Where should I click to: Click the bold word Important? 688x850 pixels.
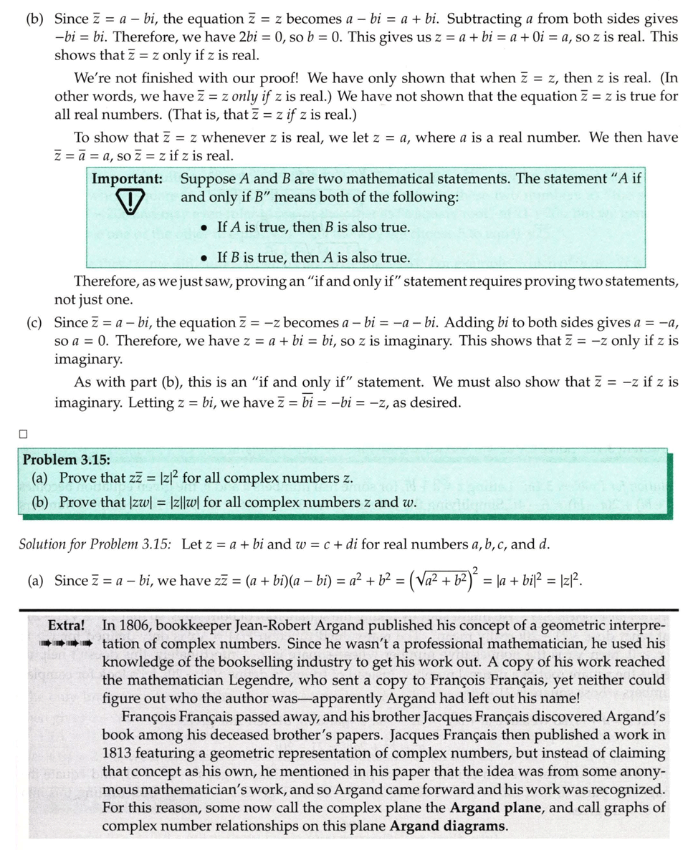pyautogui.click(x=127, y=178)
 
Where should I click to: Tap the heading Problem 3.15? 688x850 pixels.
pyautogui.click(x=67, y=459)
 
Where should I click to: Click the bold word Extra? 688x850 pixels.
pyautogui.click(x=67, y=625)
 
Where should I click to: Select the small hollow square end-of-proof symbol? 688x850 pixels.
pyautogui.click(x=24, y=433)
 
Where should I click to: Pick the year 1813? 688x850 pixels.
pyautogui.click(x=122, y=753)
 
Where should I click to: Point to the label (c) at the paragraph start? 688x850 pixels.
pyautogui.click(x=34, y=323)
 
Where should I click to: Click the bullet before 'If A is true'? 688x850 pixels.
pyautogui.click(x=205, y=228)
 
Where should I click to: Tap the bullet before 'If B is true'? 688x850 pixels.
pyautogui.click(x=205, y=258)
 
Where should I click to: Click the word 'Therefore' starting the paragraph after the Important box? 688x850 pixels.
pyautogui.click(x=106, y=282)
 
